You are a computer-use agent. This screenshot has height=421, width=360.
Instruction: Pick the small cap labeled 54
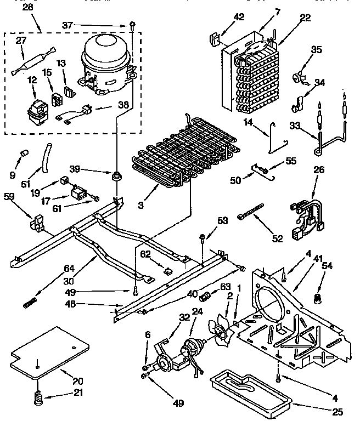317,298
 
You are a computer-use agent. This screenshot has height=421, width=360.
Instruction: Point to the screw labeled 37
133,24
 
